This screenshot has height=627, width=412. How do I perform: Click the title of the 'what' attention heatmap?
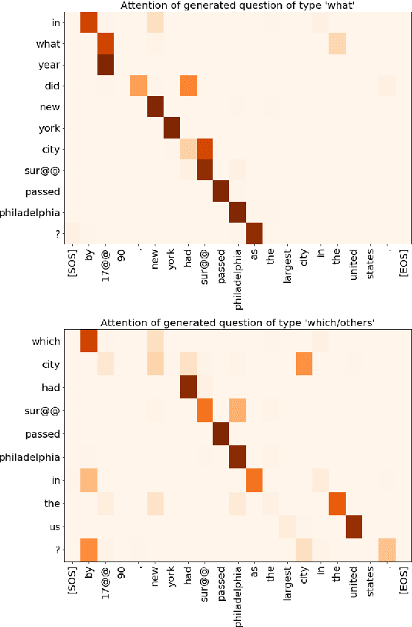(236, 6)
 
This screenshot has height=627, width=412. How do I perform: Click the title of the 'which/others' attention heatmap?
(236, 322)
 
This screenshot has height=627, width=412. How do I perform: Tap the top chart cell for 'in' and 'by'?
(88, 22)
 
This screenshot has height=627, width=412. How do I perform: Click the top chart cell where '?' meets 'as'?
(255, 233)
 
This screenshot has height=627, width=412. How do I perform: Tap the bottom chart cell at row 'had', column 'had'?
(188, 386)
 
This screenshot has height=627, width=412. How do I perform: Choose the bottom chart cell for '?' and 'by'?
(88, 550)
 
